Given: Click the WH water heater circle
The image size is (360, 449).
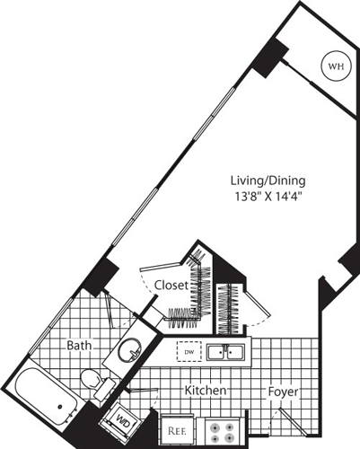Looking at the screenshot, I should tap(334, 66).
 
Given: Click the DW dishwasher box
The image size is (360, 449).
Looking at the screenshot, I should tap(189, 352).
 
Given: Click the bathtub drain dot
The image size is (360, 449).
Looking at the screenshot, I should tap(60, 407).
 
